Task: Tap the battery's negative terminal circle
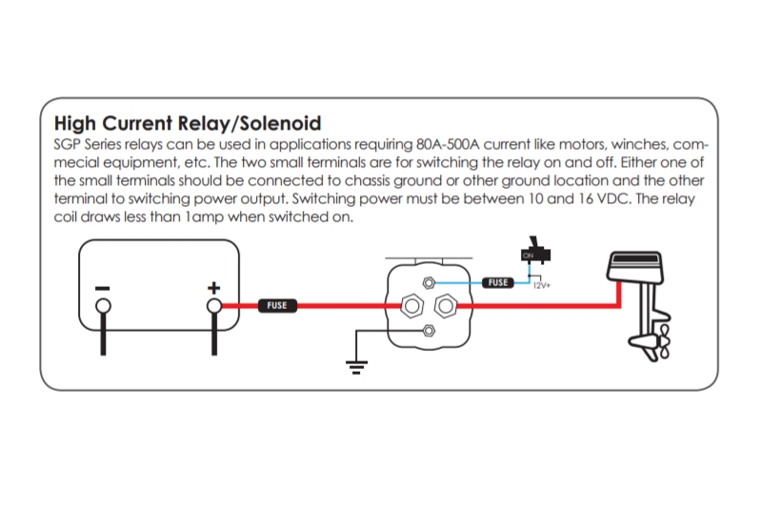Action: pyautogui.click(x=105, y=305)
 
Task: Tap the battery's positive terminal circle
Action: pyautogui.click(x=215, y=305)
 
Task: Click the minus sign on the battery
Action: pyautogui.click(x=103, y=288)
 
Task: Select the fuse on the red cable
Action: pyautogui.click(x=277, y=306)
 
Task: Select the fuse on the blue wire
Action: pyautogui.click(x=498, y=283)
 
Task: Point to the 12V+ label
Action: pyautogui.click(x=542, y=286)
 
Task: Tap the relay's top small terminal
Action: pyautogui.click(x=429, y=283)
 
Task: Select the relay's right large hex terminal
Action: pyautogui.click(x=444, y=306)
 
